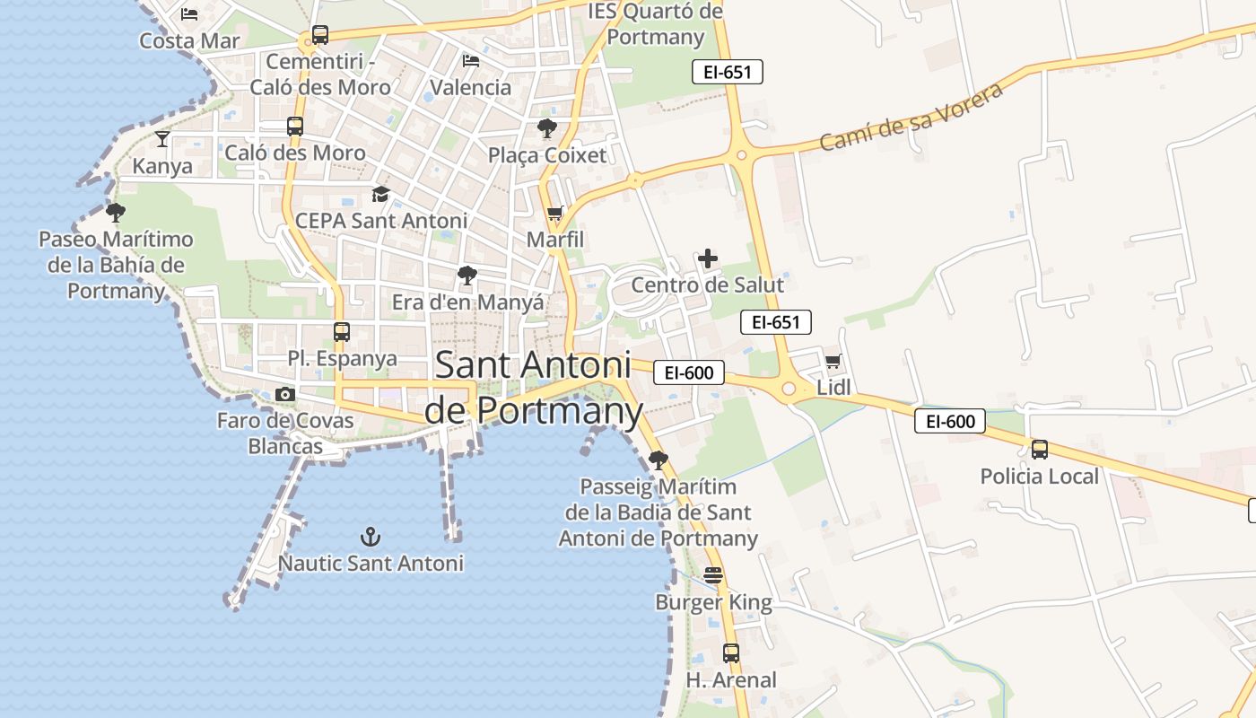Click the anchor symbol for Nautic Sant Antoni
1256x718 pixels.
[x=371, y=537]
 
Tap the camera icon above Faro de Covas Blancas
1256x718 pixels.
[x=285, y=394]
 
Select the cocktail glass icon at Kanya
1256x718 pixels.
[x=162, y=139]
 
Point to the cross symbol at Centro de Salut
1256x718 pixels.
[x=708, y=259]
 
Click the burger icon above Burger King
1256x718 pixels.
[x=713, y=574]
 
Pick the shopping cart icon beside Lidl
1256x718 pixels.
[x=833, y=361]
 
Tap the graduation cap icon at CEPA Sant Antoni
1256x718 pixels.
[x=381, y=194]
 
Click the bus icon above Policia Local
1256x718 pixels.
[x=1040, y=450]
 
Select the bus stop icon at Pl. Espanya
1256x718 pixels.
[x=342, y=332]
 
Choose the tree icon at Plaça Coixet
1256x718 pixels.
[x=546, y=128]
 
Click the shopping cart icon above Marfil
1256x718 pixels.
[x=555, y=214]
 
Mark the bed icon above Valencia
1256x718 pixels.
[x=471, y=61]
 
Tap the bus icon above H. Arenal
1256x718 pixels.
[x=731, y=653]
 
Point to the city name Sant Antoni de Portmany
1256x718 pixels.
[x=533, y=388]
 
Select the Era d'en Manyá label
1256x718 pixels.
[x=467, y=302]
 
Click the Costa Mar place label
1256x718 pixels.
[x=189, y=40]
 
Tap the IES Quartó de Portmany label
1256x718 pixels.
[x=656, y=24]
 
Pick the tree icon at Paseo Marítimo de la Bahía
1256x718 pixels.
[x=115, y=213]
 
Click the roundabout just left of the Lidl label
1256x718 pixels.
[x=789, y=389]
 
